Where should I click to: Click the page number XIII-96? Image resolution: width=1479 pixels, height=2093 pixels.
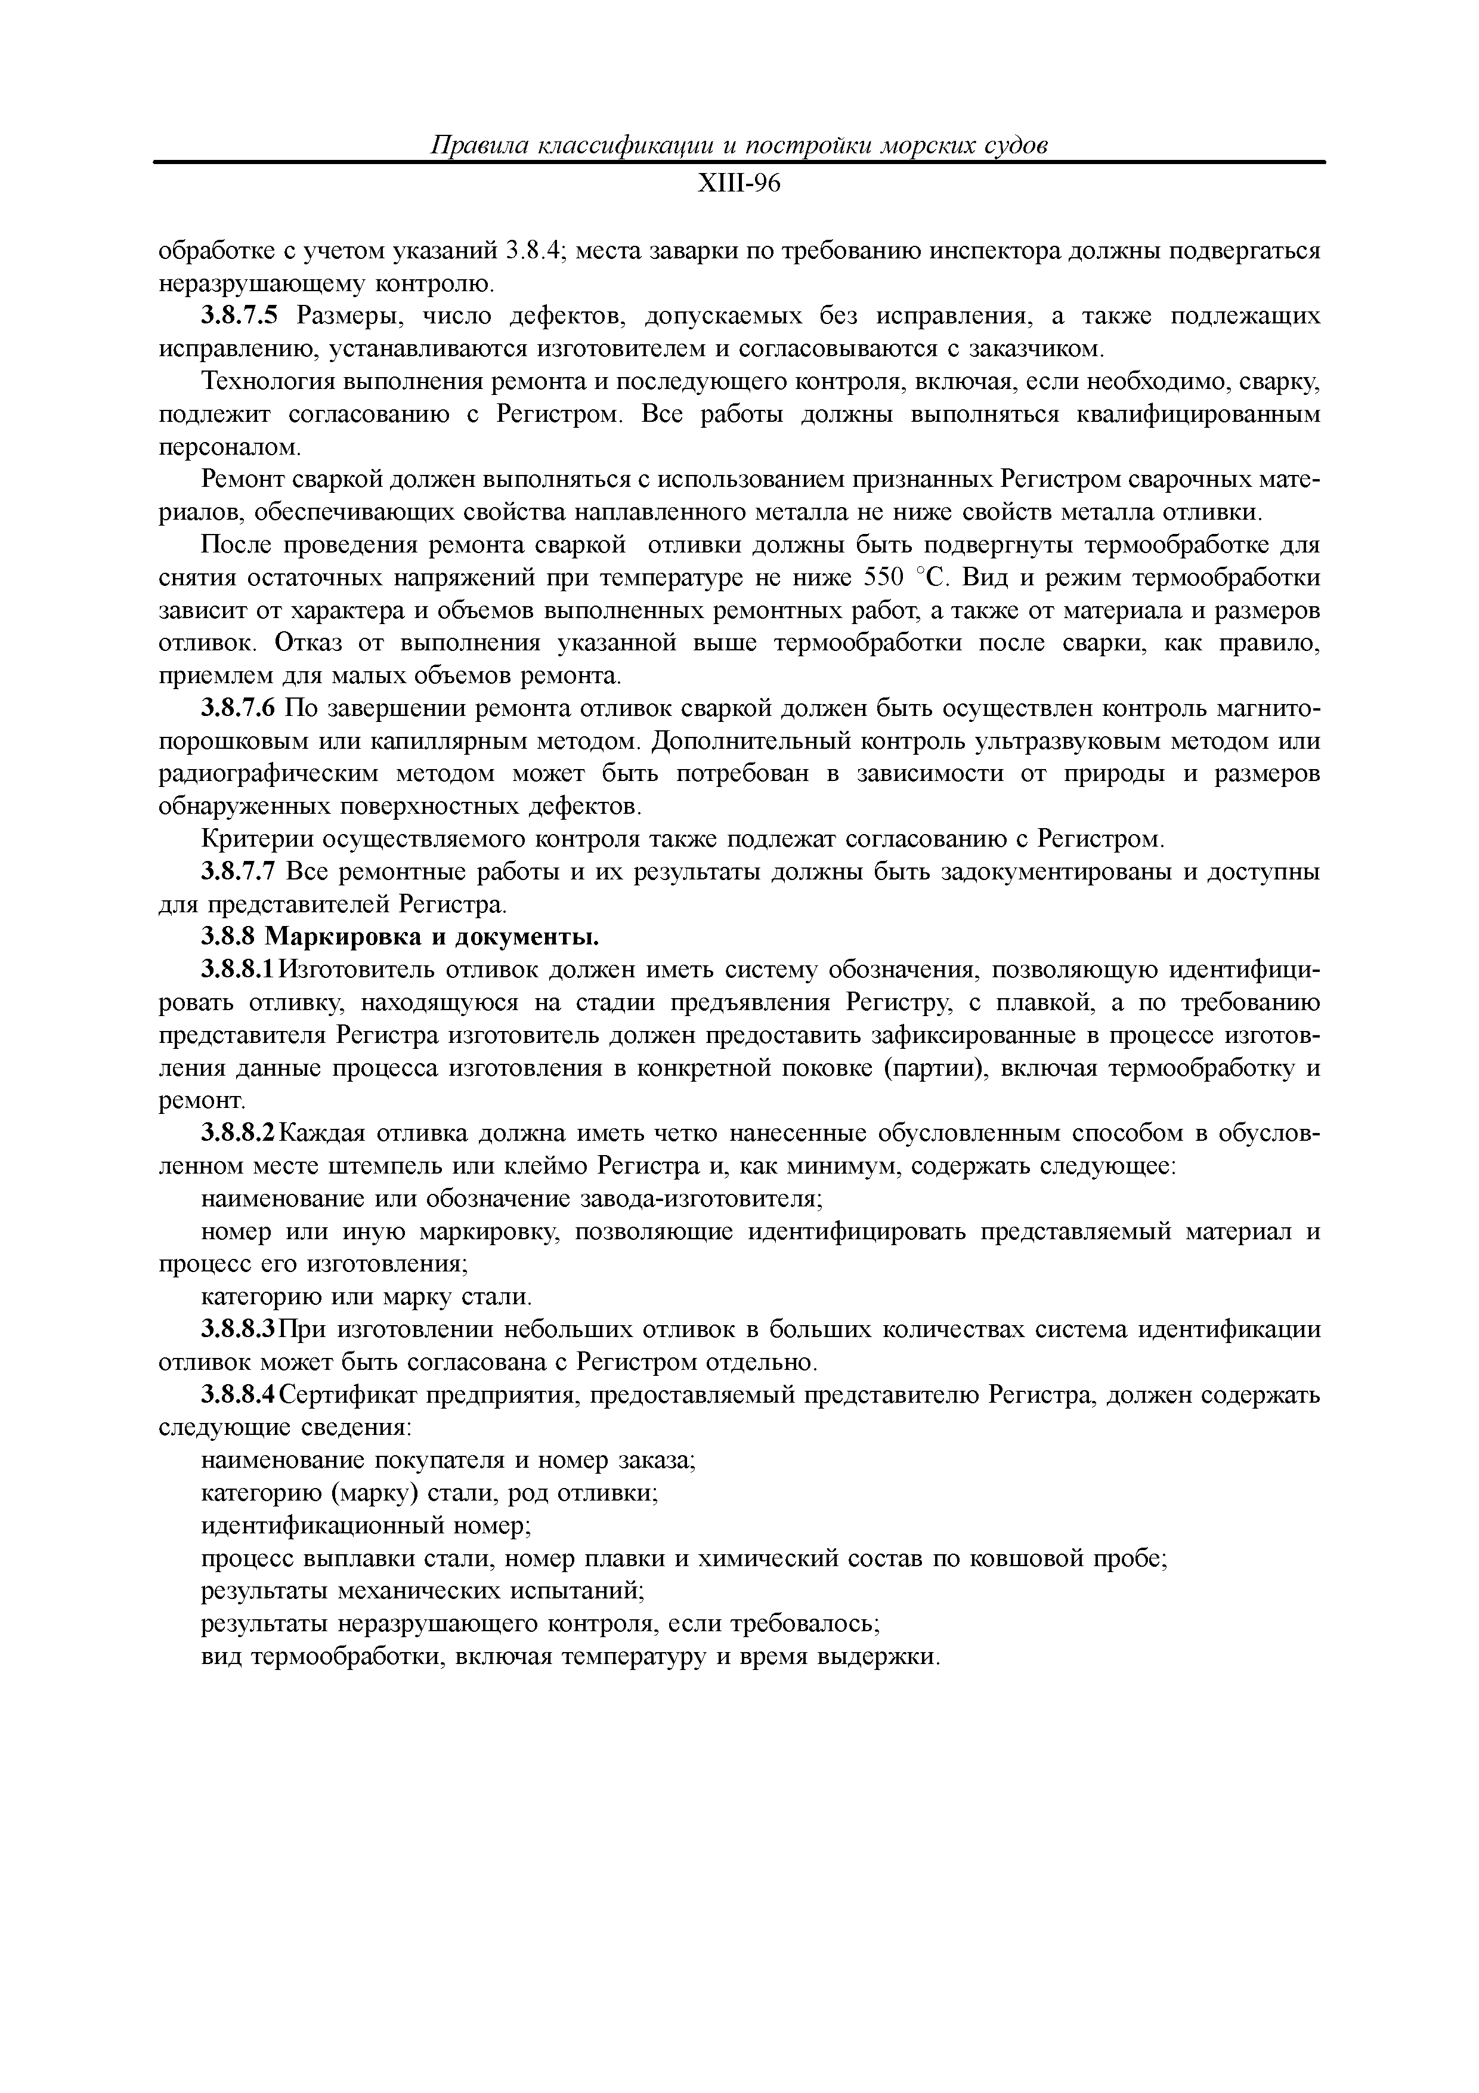[x=739, y=185]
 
